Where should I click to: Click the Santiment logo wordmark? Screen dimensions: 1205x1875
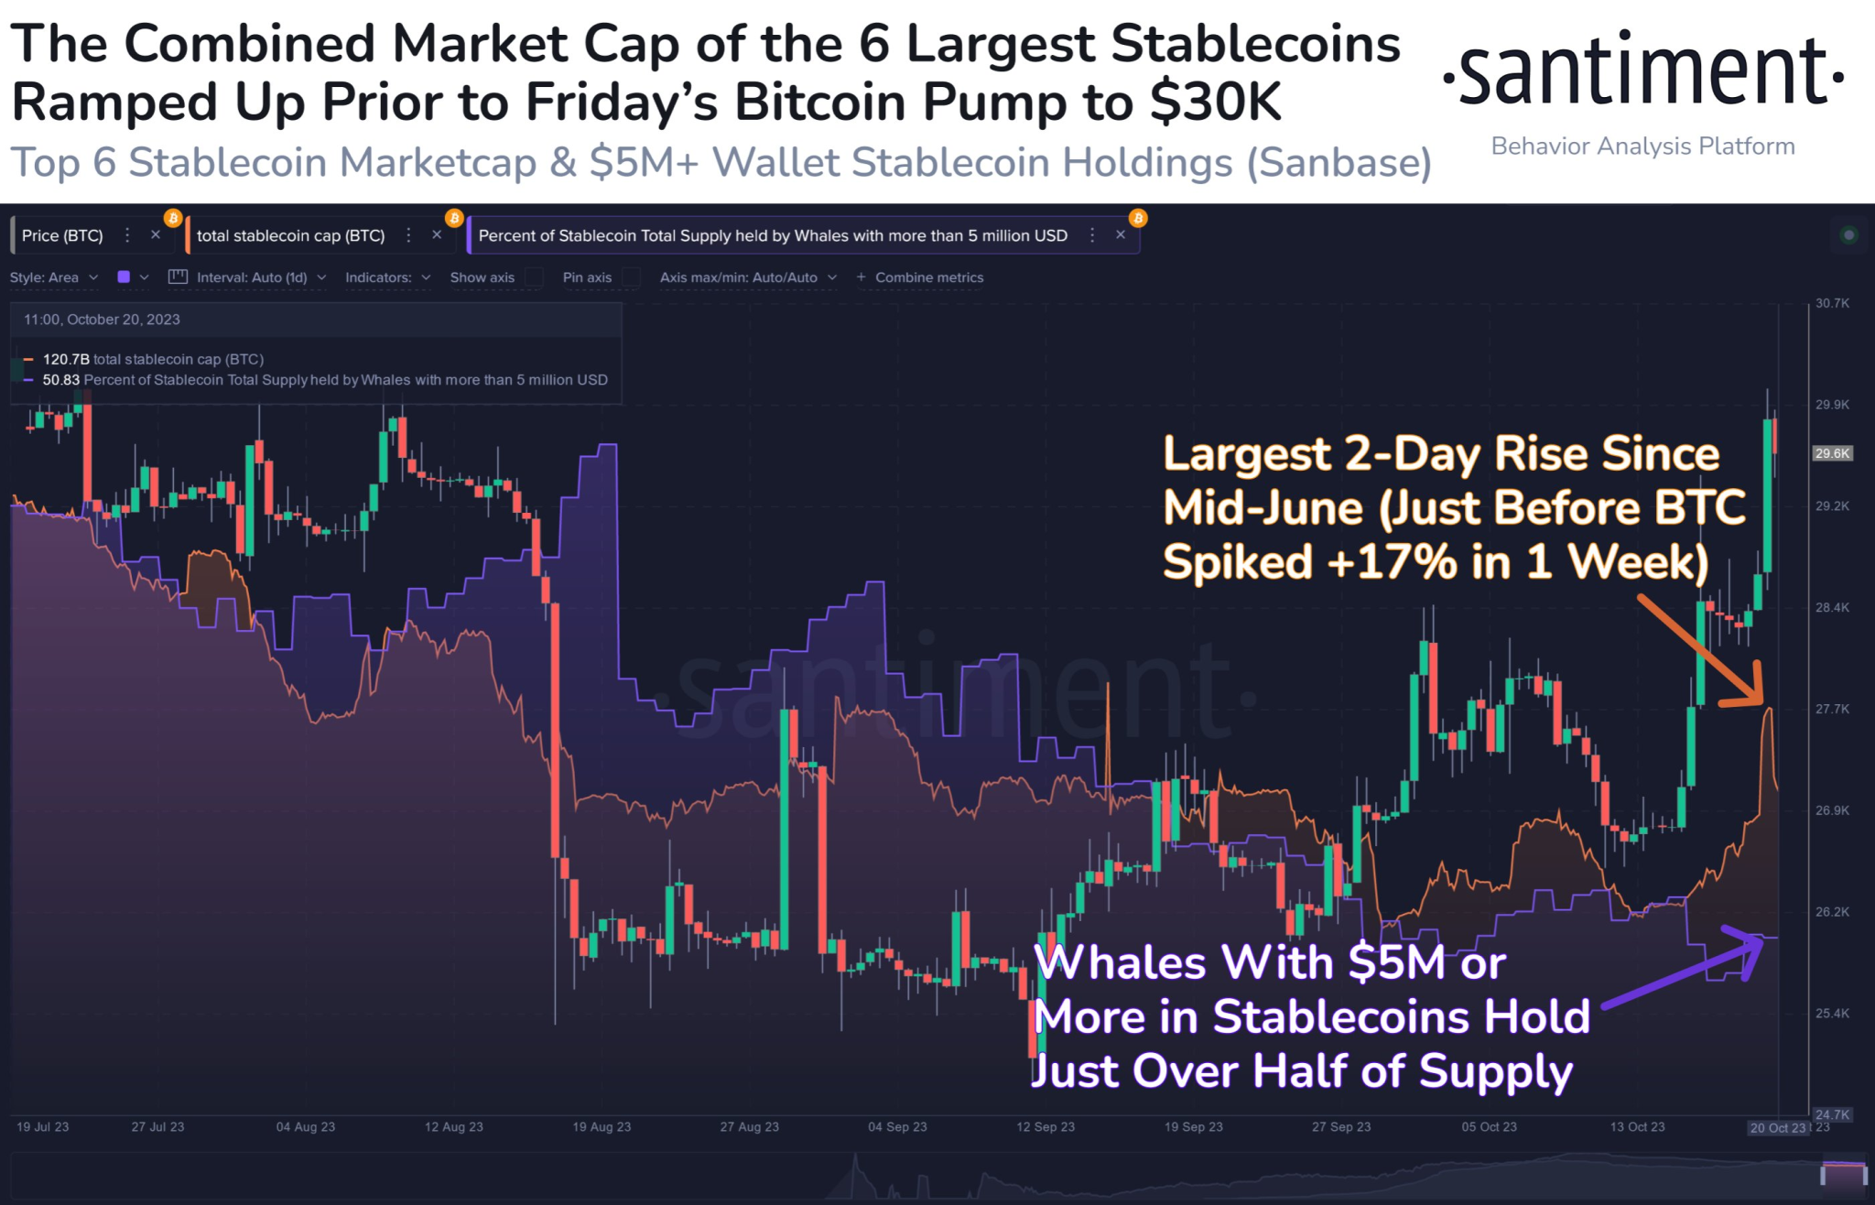click(1643, 71)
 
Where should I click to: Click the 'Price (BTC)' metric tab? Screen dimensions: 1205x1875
click(62, 235)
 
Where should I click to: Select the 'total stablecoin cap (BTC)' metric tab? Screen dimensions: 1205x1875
click(290, 235)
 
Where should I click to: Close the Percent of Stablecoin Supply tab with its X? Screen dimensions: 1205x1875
click(1121, 235)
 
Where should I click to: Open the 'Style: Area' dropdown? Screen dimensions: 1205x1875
click(53, 277)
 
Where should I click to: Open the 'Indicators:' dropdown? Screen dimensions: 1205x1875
click(387, 277)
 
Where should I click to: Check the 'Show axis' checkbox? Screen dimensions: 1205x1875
click(535, 277)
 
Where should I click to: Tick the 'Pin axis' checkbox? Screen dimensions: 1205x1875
click(631, 277)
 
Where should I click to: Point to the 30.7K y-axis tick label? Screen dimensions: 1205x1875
click(1832, 303)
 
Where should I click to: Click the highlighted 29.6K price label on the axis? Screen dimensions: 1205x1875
click(1832, 453)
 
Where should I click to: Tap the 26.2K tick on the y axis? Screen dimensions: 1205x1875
click(1832, 912)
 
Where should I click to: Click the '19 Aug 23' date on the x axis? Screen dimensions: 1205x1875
click(602, 1127)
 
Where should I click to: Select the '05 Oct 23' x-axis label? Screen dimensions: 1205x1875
click(1489, 1127)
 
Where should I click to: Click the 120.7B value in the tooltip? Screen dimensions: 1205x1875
click(66, 359)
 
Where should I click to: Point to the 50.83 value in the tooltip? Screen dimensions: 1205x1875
click(61, 380)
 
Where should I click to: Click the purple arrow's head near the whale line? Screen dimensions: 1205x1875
click(1753, 943)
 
